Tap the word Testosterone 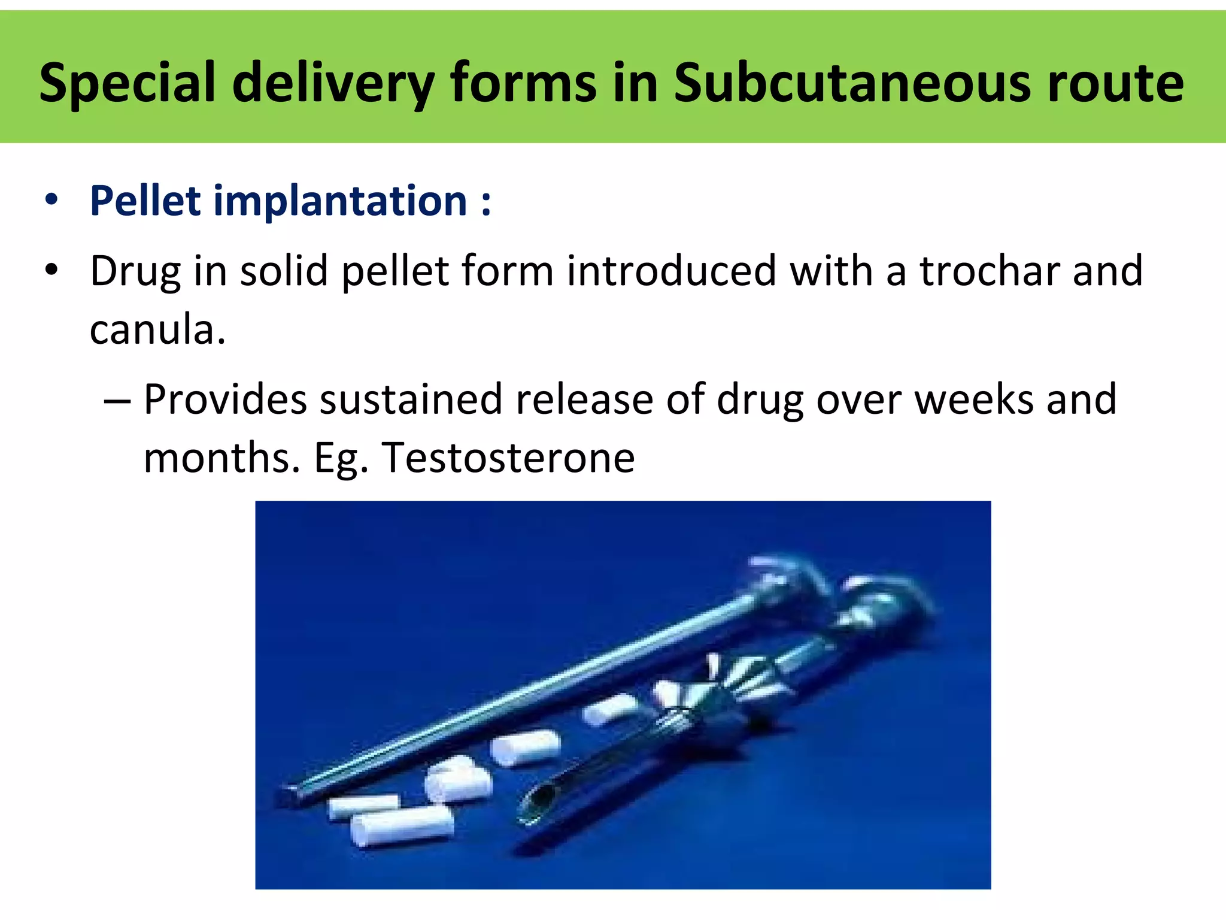508,458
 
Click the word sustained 411,399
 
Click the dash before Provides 117,400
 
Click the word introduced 671,271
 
